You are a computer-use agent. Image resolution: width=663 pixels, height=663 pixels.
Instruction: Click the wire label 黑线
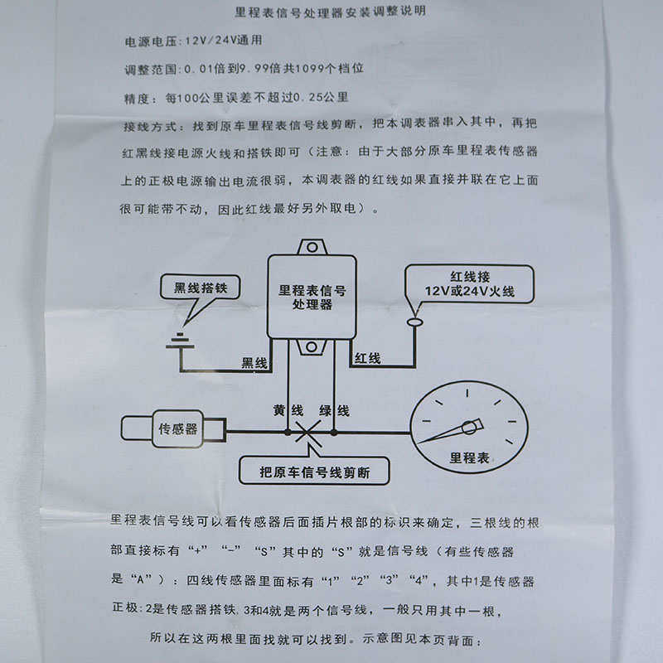point(254,363)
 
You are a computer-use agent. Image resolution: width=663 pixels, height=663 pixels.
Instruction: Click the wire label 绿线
point(334,410)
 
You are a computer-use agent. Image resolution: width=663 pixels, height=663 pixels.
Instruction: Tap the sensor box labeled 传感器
point(177,429)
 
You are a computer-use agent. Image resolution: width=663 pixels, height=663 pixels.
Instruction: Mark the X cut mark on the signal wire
point(309,432)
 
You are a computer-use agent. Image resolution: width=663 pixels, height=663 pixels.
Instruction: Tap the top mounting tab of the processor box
point(312,246)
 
